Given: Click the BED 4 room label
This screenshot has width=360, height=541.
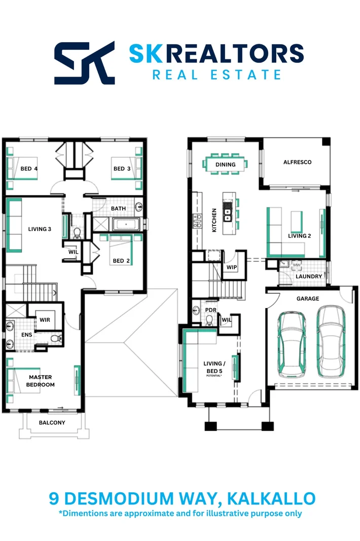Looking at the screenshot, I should [x=29, y=169].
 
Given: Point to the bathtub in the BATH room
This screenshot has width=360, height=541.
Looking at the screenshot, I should [x=125, y=224].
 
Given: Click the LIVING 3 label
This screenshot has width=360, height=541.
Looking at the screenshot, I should [x=40, y=229].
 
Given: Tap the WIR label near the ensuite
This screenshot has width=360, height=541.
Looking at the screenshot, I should [x=45, y=320].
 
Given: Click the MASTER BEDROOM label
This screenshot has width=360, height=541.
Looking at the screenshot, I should [x=41, y=381].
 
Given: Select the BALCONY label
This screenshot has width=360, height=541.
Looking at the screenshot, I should [x=52, y=423].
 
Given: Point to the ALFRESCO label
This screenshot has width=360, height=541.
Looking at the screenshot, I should [x=297, y=162].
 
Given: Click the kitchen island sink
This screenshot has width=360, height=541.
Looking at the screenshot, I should [x=228, y=214].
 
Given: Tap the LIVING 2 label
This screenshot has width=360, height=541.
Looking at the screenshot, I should [x=299, y=236].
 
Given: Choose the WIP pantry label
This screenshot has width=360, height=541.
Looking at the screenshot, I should [x=232, y=267].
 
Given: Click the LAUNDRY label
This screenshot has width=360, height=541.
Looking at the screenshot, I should [x=309, y=277].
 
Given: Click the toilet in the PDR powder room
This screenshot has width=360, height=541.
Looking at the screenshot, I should [x=208, y=319].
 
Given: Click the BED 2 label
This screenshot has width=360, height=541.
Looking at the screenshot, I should [x=119, y=261].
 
